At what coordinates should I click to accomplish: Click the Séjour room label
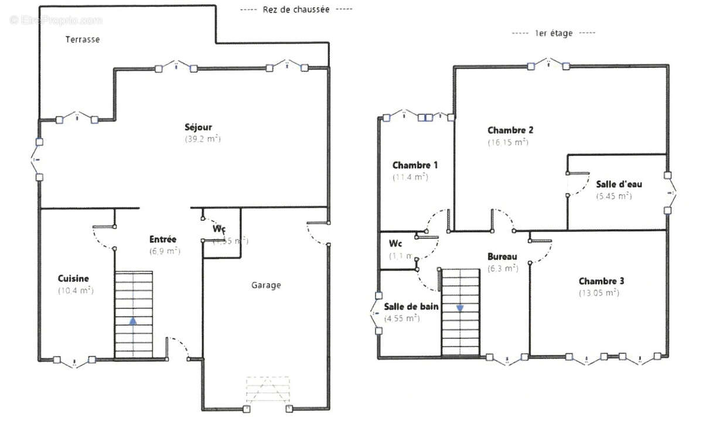point(198,127)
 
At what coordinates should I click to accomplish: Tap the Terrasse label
point(82,40)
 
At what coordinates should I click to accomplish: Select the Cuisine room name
point(73,279)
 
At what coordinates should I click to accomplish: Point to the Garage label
point(266,285)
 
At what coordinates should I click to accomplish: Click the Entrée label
point(163,240)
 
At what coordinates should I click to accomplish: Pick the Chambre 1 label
point(415,165)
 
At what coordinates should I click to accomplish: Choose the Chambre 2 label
point(510,130)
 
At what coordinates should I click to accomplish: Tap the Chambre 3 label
point(602,281)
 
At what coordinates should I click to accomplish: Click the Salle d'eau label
point(619,184)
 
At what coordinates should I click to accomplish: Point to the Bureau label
point(503,257)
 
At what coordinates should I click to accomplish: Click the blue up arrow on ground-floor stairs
point(134,321)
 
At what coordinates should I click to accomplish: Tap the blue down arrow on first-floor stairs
point(460,308)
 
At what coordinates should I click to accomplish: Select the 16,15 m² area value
point(508,142)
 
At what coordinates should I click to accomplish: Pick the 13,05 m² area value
point(599,293)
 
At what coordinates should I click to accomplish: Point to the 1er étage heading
point(554,33)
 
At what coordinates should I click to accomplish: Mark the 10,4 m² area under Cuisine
point(76,291)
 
